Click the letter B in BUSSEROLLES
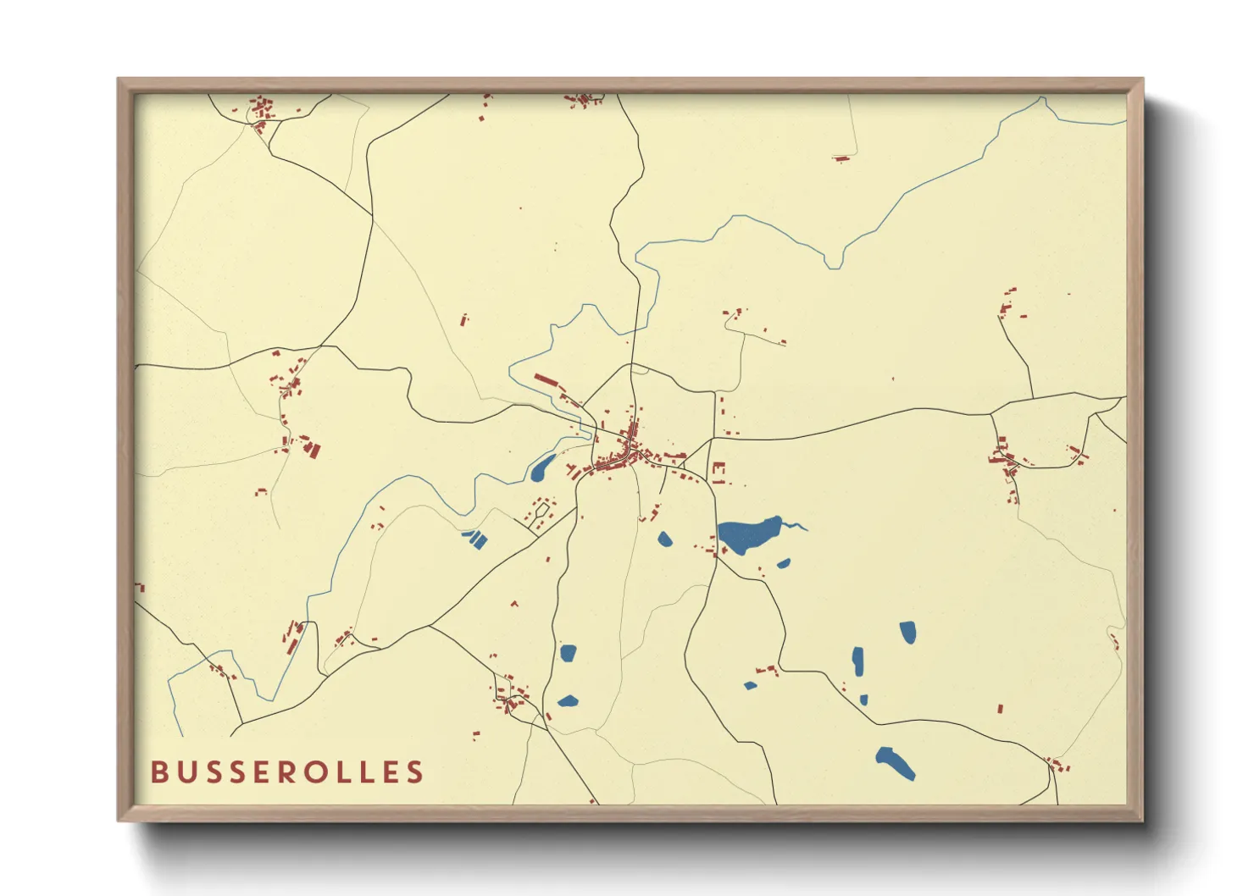158,772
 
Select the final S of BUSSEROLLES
414,772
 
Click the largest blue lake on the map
749,534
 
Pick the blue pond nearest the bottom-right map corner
896,761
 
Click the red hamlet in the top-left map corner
261,113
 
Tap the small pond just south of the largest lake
783,563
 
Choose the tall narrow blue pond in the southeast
857,661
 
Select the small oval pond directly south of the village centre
664,539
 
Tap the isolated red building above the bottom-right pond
1000,708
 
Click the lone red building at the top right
841,158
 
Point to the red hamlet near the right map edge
1006,460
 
